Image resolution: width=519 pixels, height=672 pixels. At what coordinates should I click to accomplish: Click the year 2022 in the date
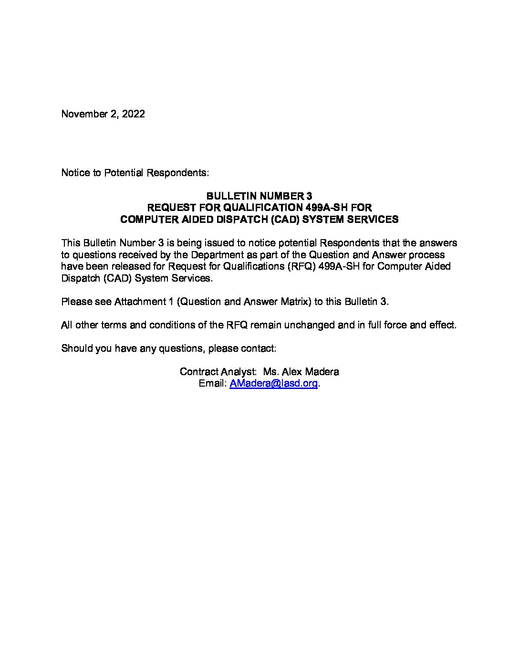coord(134,114)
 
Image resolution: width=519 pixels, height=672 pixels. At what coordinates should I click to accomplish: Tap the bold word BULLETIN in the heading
coord(228,196)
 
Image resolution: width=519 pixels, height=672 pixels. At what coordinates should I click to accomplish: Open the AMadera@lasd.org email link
coord(273,384)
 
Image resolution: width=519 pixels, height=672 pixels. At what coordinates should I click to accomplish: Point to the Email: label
coord(212,384)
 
